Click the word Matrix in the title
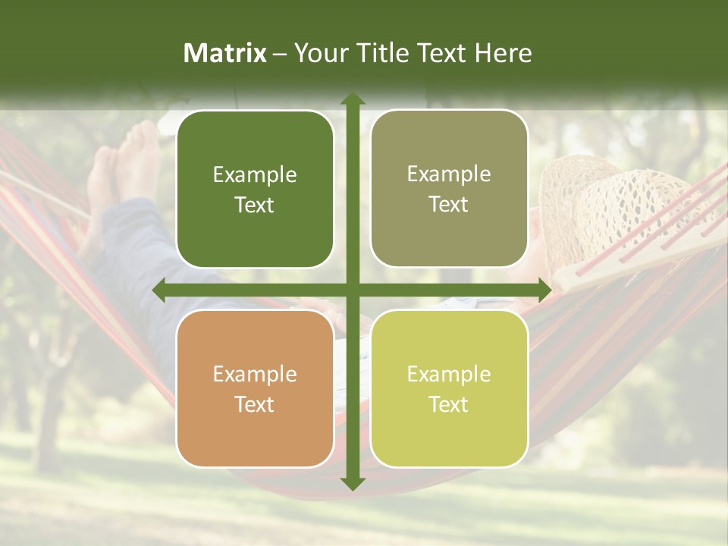[x=224, y=53]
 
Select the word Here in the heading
[x=503, y=53]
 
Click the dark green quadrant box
[x=255, y=190]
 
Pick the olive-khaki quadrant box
[x=449, y=189]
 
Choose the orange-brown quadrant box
[x=255, y=388]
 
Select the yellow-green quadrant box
[x=449, y=388]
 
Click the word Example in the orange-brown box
[x=255, y=375]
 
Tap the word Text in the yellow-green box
[x=449, y=404]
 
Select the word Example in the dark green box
[x=255, y=175]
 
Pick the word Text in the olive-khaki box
[x=449, y=205]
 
